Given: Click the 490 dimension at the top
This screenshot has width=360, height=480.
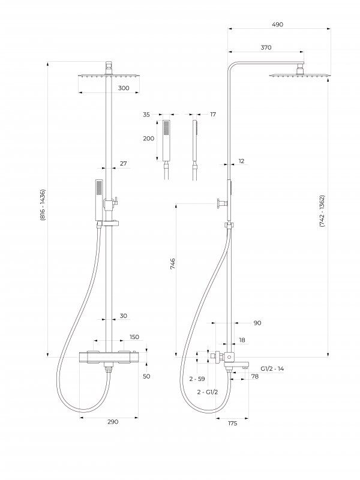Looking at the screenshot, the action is pyautogui.click(x=277, y=25).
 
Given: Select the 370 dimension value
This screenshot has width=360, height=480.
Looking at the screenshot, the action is pyautogui.click(x=266, y=47).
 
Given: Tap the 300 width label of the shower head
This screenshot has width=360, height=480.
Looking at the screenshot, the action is pyautogui.click(x=124, y=88).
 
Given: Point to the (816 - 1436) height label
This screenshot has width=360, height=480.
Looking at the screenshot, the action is pyautogui.click(x=43, y=205).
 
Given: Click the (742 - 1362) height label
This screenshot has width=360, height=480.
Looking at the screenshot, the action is pyautogui.click(x=322, y=211).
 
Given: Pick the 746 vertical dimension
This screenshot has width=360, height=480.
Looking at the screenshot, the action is pyautogui.click(x=173, y=264).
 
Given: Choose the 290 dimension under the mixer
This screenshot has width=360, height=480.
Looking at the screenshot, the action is pyautogui.click(x=113, y=422).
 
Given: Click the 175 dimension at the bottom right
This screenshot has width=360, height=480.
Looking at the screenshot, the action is pyautogui.click(x=233, y=424).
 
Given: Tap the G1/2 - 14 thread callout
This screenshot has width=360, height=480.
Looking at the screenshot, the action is pyautogui.click(x=272, y=369).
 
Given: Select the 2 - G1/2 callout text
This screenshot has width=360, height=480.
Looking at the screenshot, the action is pyautogui.click(x=208, y=392).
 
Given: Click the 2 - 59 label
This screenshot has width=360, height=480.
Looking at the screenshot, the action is pyautogui.click(x=197, y=379).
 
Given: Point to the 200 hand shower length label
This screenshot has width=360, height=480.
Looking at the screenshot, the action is pyautogui.click(x=149, y=139).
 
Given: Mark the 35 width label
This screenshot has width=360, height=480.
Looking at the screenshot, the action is pyautogui.click(x=146, y=115).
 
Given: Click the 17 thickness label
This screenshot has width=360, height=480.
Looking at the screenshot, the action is pyautogui.click(x=213, y=115).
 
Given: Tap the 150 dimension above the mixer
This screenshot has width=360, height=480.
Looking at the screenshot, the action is pyautogui.click(x=134, y=337).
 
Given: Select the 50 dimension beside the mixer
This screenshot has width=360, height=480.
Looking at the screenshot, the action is pyautogui.click(x=146, y=376).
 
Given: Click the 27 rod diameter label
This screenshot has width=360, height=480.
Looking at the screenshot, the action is pyautogui.click(x=123, y=163).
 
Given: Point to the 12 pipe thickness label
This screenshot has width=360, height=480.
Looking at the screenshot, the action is pyautogui.click(x=242, y=161).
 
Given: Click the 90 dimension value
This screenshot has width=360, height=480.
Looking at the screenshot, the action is pyautogui.click(x=257, y=323).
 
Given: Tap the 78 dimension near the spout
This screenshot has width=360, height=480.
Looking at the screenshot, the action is pyautogui.click(x=254, y=377).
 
